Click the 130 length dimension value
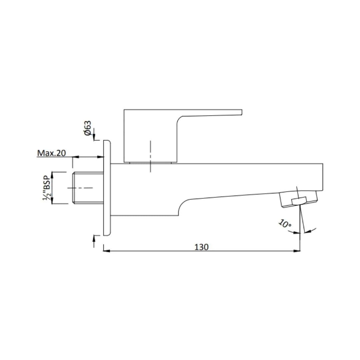click(x=202, y=247)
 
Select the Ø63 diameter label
click(x=88, y=128)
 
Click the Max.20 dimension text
click(x=51, y=153)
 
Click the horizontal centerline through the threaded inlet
click(x=80, y=188)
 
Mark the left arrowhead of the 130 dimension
click(x=106, y=251)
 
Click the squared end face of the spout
click(x=323, y=177)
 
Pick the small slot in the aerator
click(x=299, y=200)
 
